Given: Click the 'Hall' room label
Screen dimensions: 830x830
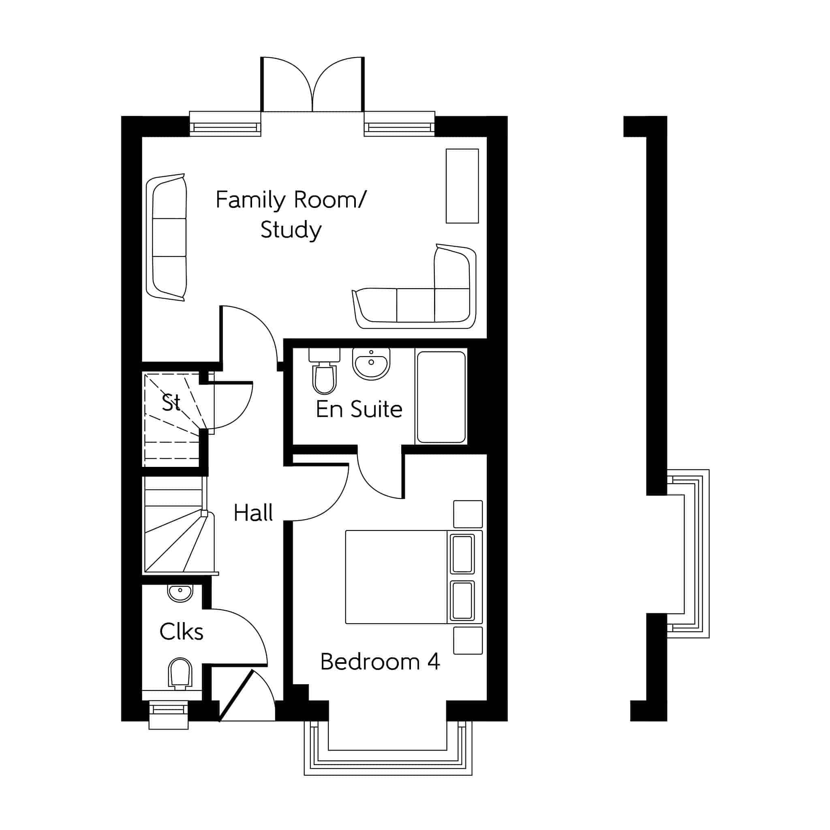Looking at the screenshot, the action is (253, 513).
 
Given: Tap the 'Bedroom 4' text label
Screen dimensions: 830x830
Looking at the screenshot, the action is (380, 661).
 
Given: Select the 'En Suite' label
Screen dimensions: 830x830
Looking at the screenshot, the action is (359, 409).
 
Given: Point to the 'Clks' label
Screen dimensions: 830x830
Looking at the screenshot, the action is (181, 631).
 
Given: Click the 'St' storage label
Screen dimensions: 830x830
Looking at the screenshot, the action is (171, 402).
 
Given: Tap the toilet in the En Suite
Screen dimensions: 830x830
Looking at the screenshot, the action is (324, 371).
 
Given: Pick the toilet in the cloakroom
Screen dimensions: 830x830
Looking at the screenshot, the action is (180, 674).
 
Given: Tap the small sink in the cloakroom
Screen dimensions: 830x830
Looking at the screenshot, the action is (180, 593).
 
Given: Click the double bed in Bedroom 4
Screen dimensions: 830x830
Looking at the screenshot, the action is (414, 577).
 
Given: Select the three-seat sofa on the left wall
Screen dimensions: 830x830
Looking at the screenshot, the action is (166, 237).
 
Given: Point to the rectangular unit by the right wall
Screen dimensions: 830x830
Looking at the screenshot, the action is (462, 186).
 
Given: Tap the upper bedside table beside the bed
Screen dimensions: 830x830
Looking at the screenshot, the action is (468, 514).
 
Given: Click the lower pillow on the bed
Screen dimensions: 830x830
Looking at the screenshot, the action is (462, 600).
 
